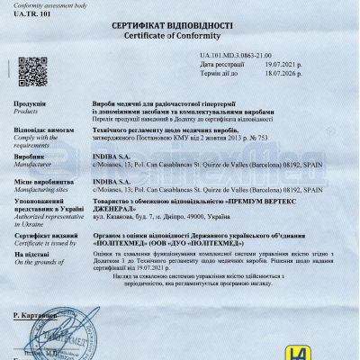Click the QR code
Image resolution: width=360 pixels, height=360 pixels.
33,70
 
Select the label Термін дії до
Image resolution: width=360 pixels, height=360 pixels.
221,74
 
